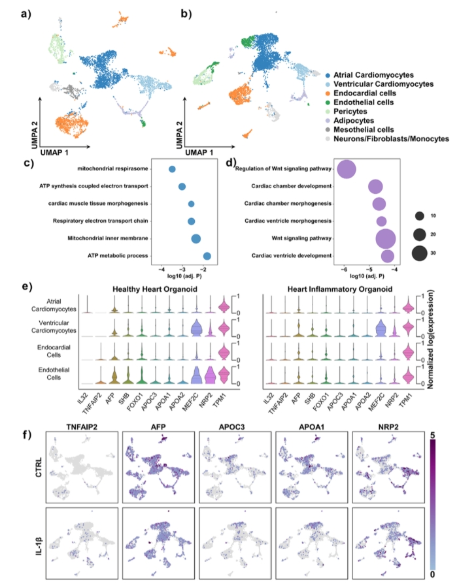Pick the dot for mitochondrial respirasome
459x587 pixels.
(x=172, y=169)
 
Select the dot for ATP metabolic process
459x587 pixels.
(x=207, y=255)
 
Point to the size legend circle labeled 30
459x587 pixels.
(x=420, y=253)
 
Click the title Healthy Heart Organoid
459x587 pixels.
(x=156, y=287)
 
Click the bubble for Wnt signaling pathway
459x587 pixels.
(x=385, y=238)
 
